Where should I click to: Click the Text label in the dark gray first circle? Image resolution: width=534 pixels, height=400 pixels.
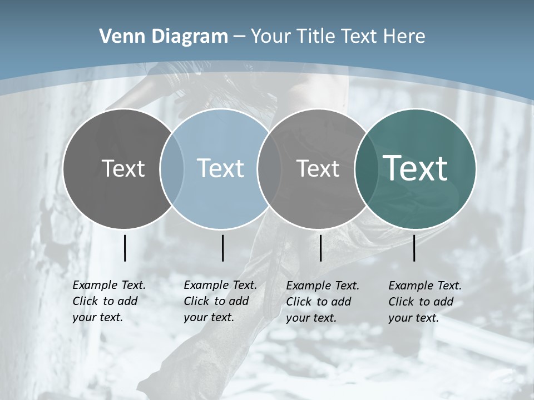pos(123,168)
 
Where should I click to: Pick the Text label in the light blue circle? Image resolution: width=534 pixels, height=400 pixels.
pos(220,168)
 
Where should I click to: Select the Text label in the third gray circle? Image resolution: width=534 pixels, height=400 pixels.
pos(318,168)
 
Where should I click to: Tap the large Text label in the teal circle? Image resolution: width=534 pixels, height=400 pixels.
pos(415,168)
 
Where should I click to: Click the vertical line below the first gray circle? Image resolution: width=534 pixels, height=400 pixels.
pos(125,248)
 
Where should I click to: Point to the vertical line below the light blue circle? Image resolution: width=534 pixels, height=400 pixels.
pos(222,248)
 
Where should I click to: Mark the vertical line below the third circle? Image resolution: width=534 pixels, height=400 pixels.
pos(320,248)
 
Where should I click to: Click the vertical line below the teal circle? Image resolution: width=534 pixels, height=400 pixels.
pos(414,248)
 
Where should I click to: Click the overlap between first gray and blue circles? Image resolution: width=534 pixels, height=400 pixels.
pos(172,168)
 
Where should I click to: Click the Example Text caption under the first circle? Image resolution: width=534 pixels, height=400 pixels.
pos(109,301)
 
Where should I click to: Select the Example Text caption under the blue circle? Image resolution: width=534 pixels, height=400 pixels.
pos(220,301)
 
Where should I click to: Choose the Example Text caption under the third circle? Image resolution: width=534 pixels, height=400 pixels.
pos(323,302)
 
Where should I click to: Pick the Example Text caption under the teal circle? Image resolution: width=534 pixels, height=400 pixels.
pos(425,302)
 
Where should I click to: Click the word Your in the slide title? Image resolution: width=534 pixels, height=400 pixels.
pos(271,36)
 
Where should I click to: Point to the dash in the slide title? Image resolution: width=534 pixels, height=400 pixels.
pos(239,37)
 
